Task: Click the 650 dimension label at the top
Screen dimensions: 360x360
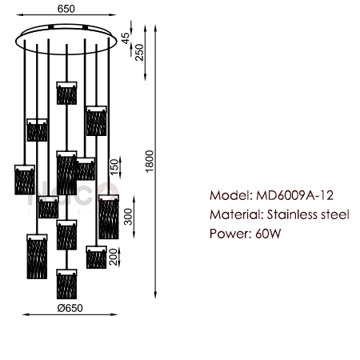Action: click(66, 9)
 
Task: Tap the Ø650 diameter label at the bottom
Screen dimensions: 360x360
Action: click(70, 308)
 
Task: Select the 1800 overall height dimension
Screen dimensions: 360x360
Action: click(150, 161)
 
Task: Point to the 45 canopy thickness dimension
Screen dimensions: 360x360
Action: click(125, 38)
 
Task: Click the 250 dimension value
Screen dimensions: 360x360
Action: click(139, 53)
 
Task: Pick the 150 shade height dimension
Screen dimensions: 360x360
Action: click(114, 167)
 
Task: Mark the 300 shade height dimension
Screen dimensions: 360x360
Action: click(128, 217)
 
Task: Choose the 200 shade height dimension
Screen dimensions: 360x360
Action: click(114, 257)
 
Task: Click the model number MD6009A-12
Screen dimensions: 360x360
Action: click(294, 195)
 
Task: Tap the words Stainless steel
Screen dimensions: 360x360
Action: click(308, 214)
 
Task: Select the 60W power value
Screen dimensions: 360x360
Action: click(268, 234)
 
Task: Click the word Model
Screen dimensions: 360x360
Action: click(231, 195)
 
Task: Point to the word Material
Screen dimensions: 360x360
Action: click(237, 214)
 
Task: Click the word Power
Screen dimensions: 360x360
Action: click(230, 234)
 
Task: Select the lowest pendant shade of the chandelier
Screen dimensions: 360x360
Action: click(66, 284)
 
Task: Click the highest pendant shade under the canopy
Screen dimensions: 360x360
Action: click(66, 93)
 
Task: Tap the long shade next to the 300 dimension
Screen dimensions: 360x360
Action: click(109, 217)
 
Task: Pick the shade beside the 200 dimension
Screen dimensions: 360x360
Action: click(96, 257)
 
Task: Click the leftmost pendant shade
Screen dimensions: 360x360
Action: click(25, 179)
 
